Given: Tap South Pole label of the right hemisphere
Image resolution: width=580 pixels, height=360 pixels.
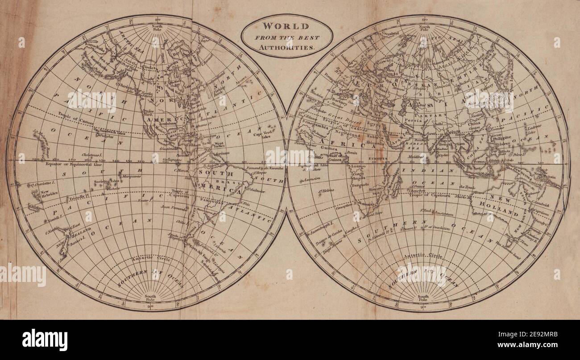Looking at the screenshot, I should pyautogui.click(x=423, y=298).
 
